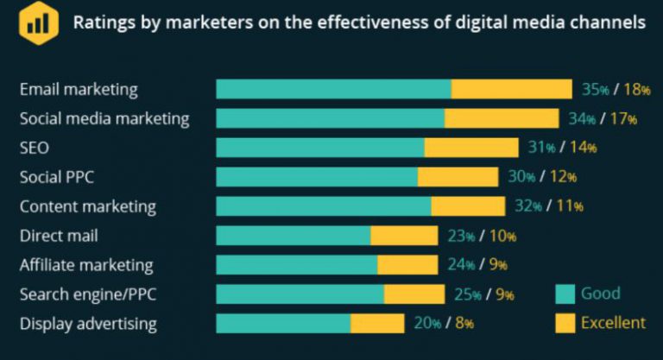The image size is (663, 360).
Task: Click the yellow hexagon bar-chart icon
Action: click(39, 22)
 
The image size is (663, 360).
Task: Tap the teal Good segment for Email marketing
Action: click(333, 89)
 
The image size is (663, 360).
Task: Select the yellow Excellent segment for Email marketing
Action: click(512, 89)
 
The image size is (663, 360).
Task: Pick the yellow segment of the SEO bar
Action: click(471, 148)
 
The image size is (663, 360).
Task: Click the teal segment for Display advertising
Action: click(283, 324)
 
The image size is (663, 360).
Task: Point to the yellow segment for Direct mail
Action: click(404, 236)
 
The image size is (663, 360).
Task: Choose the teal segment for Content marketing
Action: click(324, 206)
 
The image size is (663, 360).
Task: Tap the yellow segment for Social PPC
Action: click(458, 177)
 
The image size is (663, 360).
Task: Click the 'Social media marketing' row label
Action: click(104, 119)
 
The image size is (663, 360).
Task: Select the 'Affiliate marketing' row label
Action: click(86, 265)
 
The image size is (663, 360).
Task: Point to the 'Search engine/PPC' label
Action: click(88, 294)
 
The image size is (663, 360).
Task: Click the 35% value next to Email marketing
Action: click(596, 89)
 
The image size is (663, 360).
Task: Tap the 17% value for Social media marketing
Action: click(623, 119)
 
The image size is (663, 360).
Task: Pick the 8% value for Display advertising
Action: click(464, 324)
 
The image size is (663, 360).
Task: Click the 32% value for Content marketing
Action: click(528, 206)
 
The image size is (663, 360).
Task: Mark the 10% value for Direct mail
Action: click(502, 236)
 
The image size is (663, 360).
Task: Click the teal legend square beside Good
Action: click(565, 294)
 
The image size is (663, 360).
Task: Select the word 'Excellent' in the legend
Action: click(613, 323)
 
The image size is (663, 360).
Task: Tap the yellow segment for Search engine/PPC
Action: click(414, 294)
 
